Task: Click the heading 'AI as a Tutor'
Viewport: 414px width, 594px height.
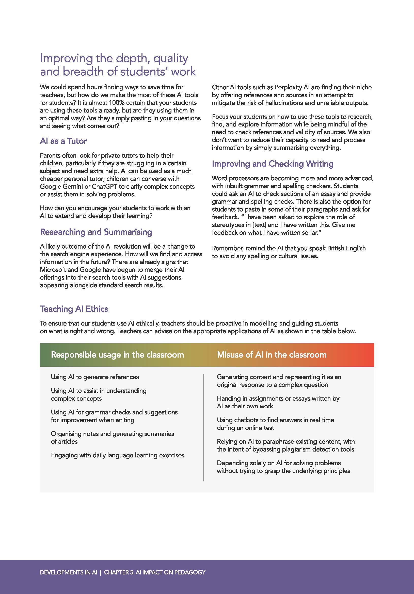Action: click(63, 141)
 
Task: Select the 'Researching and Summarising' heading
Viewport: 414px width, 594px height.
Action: click(96, 232)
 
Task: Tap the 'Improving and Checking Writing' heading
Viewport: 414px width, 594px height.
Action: click(273, 164)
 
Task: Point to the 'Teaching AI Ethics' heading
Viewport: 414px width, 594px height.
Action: click(74, 309)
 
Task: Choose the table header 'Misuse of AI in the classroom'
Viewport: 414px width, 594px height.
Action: click(272, 355)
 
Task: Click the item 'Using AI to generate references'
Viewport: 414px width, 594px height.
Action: click(95, 377)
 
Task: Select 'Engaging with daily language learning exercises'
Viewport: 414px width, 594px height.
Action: click(118, 455)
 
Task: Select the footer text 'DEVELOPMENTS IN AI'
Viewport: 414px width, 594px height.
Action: click(69, 572)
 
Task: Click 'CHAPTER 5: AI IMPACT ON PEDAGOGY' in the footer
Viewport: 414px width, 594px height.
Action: click(154, 572)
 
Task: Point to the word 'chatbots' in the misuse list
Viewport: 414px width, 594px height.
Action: click(246, 420)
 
